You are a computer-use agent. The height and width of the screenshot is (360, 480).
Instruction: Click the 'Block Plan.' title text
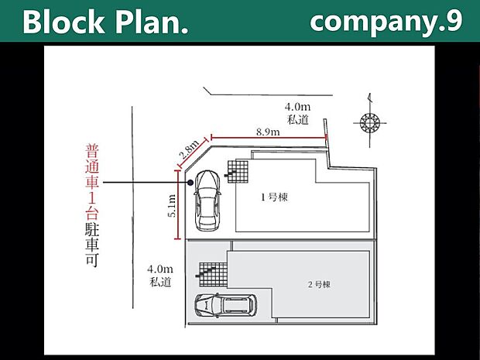tap(105, 22)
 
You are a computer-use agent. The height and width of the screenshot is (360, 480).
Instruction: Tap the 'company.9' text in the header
tap(386, 21)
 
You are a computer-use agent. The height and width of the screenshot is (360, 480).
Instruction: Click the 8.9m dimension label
tap(268, 132)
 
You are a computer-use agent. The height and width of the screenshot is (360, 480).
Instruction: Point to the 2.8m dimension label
tap(187, 149)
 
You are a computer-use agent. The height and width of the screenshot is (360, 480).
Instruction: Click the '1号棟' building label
tap(273, 197)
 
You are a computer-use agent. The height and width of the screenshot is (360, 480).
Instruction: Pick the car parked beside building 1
tap(207, 200)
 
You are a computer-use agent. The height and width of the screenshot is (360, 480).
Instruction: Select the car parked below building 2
tap(225, 306)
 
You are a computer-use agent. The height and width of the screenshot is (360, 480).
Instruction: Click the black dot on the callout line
tap(190, 183)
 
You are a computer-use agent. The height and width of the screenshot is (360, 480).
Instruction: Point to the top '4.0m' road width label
tap(297, 107)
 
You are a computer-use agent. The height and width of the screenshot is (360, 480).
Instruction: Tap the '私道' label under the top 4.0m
tap(297, 119)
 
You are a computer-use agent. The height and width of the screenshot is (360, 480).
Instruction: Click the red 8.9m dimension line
tap(268, 139)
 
